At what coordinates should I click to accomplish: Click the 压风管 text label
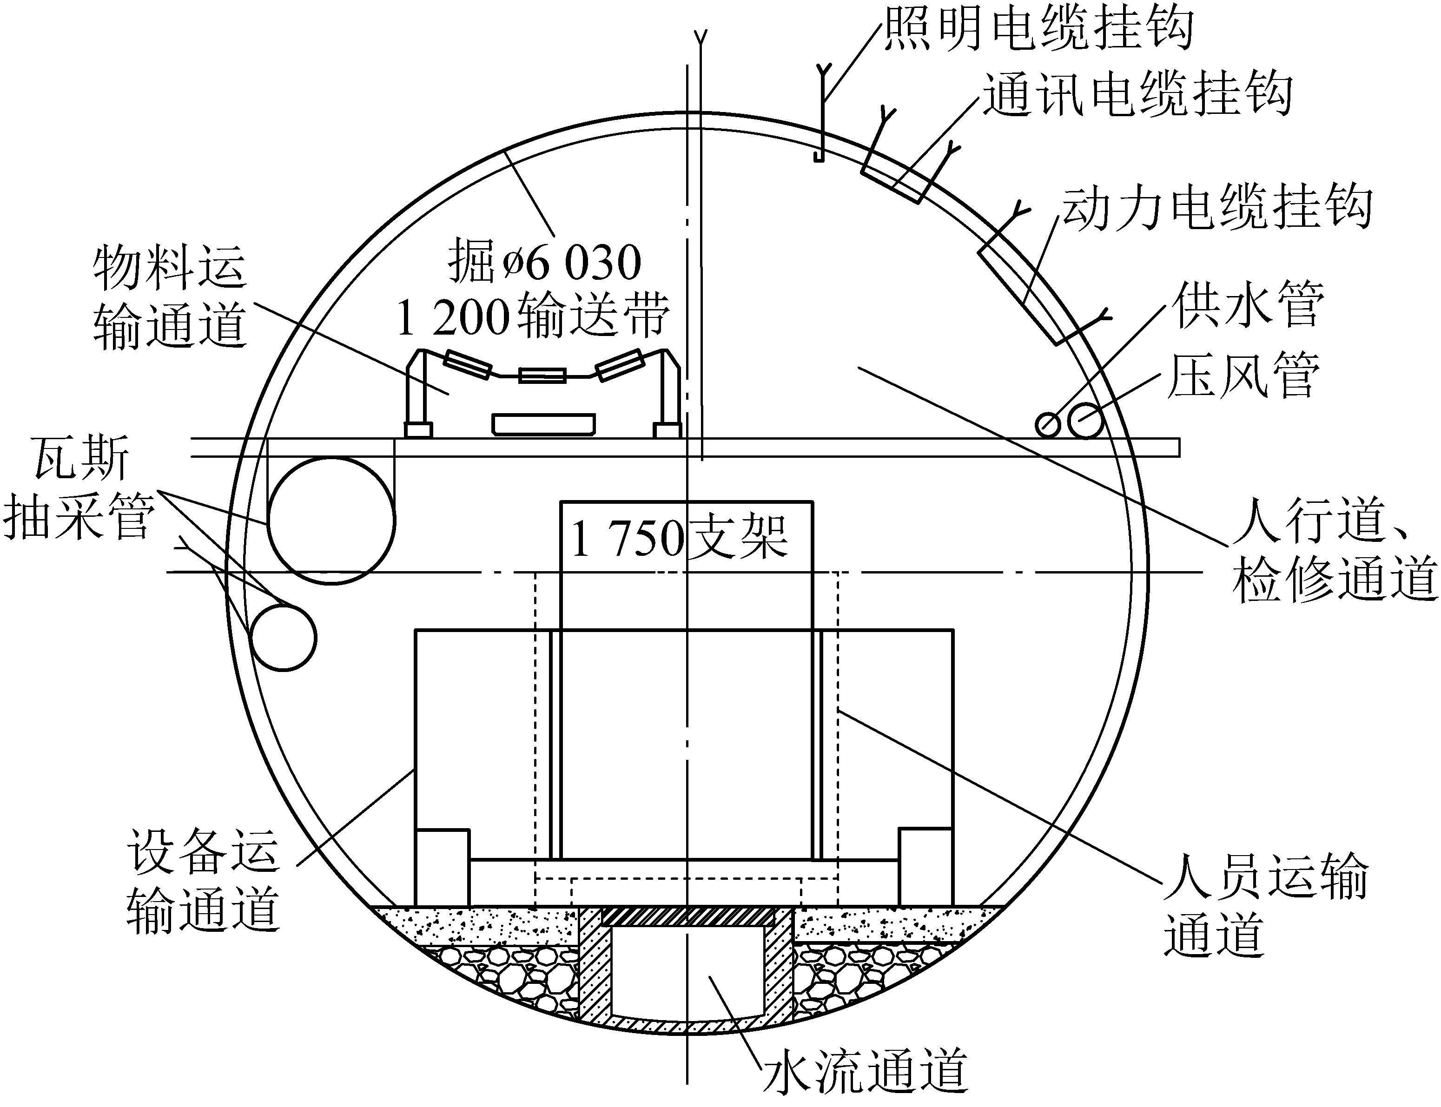(x=1244, y=375)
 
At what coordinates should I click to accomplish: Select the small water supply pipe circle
(x=1048, y=424)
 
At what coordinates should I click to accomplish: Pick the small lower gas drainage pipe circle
(x=284, y=637)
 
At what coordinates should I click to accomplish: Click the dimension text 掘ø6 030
(x=544, y=262)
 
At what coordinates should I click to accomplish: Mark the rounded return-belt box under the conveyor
(x=543, y=424)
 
